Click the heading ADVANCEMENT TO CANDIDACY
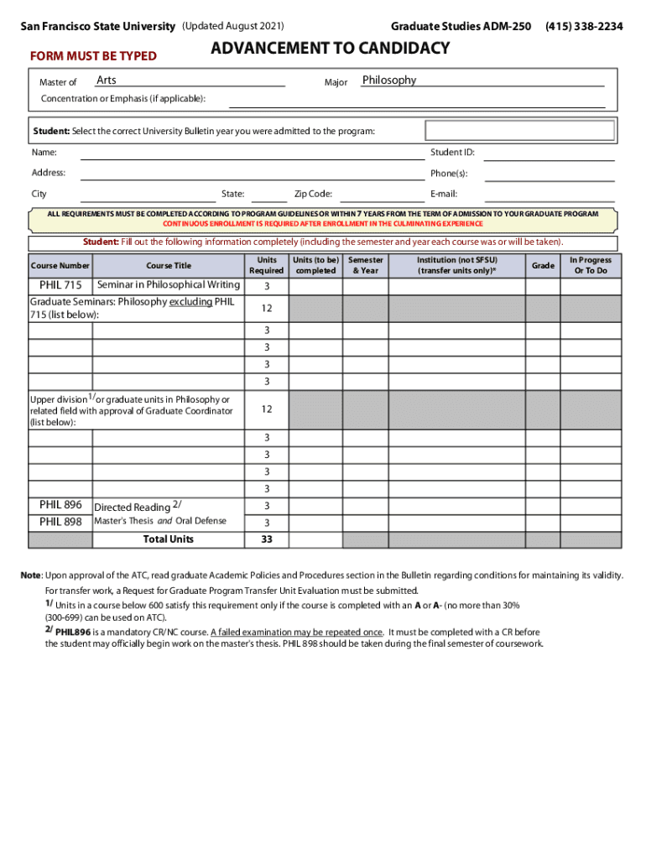coord(330,49)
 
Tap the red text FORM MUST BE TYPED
coord(93,56)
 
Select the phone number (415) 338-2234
coord(584,27)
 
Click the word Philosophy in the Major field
coord(388,81)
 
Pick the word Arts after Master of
coord(107,81)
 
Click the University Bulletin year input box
coord(520,131)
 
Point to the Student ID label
coord(452,153)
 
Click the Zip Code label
coord(313,194)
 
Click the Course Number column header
coord(60,266)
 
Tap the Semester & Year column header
coord(366,265)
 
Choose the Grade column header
coord(543,266)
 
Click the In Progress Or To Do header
coord(591,265)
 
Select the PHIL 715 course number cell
coord(60,285)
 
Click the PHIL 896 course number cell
coord(60,505)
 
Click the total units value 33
coord(267,539)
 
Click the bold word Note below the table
coord(31,575)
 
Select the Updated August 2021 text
coord(232,27)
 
